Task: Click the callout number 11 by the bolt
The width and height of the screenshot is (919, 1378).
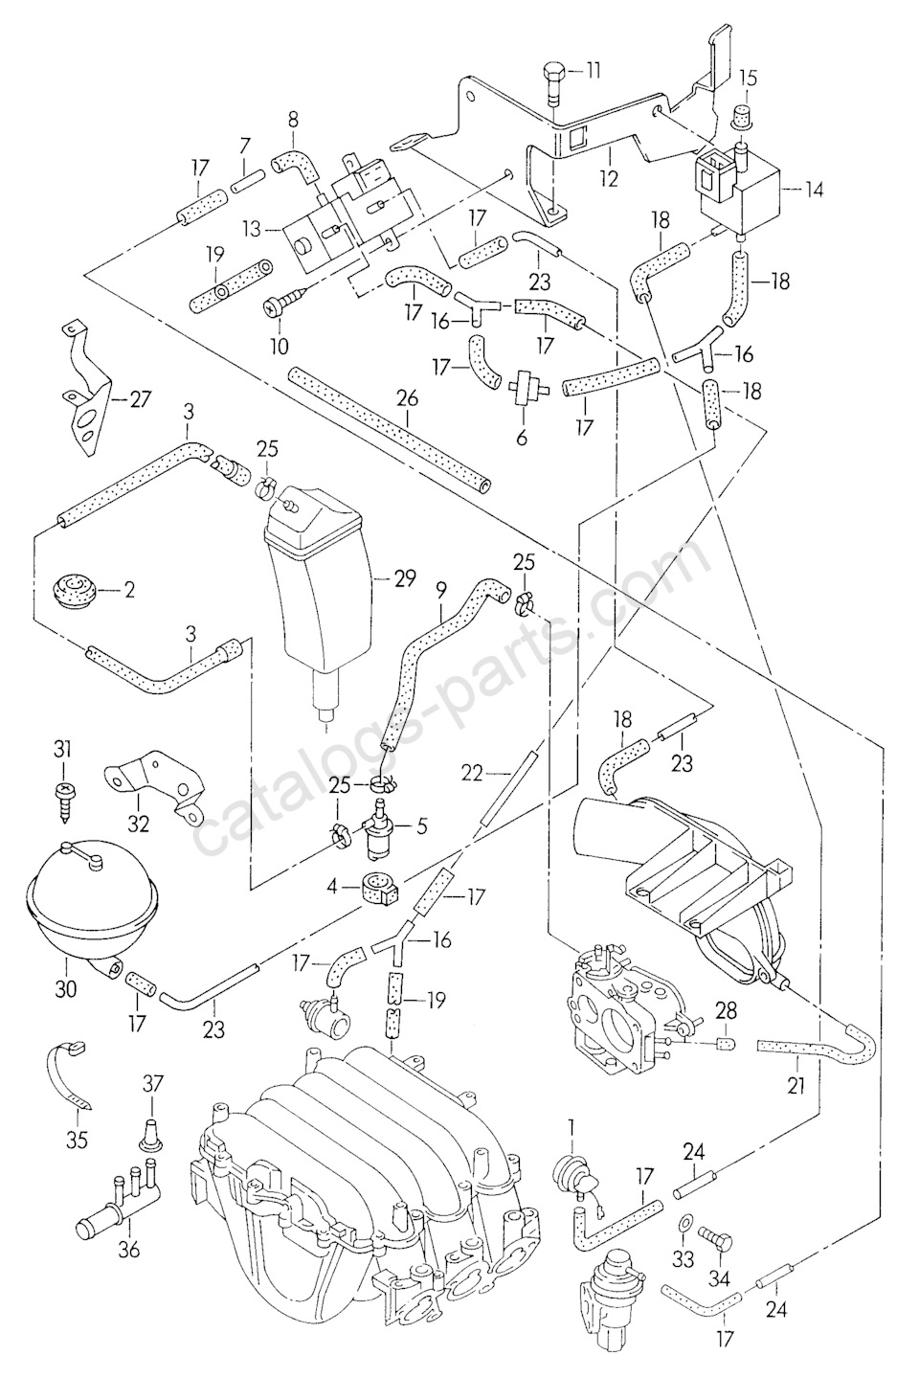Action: (594, 70)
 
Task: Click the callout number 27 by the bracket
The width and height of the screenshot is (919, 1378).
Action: (140, 399)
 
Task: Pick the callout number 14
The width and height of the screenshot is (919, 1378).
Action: (813, 191)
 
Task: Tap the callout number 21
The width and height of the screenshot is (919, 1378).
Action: (796, 1085)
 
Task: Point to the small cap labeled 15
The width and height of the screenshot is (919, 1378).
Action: (740, 118)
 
